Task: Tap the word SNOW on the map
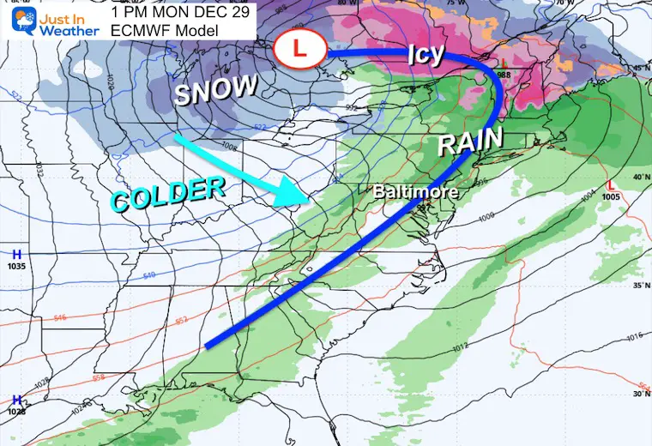[x=216, y=90]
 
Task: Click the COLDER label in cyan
[x=167, y=194]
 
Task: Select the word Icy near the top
[x=426, y=54]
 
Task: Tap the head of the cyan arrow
[x=296, y=203]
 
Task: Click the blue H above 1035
[x=16, y=254]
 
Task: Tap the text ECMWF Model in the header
[x=164, y=31]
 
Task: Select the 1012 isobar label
[x=460, y=346]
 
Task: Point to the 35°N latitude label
[x=637, y=285]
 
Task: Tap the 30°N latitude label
[x=638, y=395]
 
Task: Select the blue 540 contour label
[x=152, y=275]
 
